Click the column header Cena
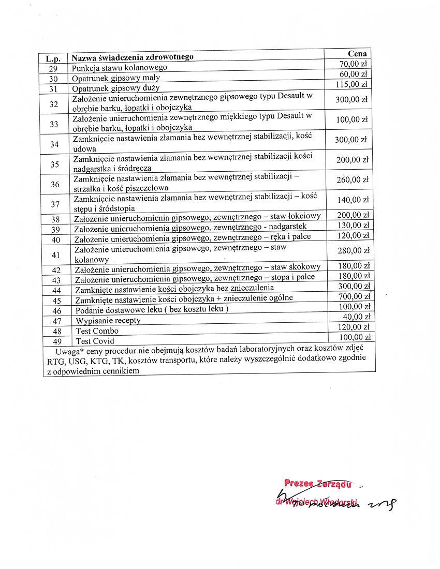click(357, 54)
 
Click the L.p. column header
click(53, 58)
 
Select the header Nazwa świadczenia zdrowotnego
click(132, 57)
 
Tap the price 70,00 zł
click(353, 64)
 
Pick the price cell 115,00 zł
click(351, 84)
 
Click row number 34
click(54, 144)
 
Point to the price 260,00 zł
click(352, 180)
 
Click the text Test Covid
click(95, 341)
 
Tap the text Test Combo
click(97, 331)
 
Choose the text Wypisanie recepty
click(108, 321)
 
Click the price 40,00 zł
click(357, 317)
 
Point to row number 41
click(56, 255)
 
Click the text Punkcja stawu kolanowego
click(120, 68)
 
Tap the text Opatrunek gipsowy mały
click(116, 78)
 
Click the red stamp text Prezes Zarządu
click(318, 484)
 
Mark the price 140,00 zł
click(352, 200)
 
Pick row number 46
click(56, 311)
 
